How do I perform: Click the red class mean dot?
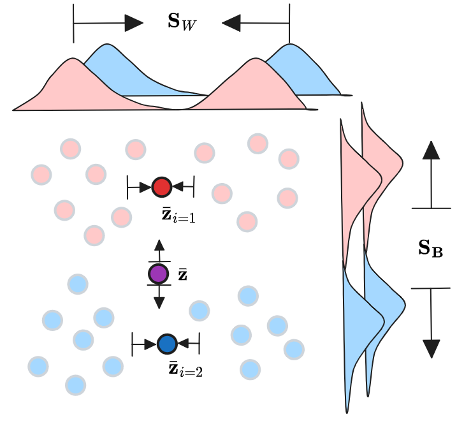tap(161, 187)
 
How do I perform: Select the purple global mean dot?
tap(158, 274)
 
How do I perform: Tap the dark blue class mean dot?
tap(166, 344)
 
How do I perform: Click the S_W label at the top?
tap(182, 22)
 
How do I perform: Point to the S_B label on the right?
tap(431, 248)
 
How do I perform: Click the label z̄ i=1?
tap(179, 215)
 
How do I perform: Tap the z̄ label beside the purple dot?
tap(182, 274)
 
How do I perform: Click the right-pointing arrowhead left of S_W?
tap(134, 23)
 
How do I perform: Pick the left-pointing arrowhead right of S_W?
tap(231, 23)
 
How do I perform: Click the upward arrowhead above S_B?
tap(432, 151)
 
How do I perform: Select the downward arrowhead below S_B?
tap(432, 348)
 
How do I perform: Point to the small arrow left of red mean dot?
tap(145, 187)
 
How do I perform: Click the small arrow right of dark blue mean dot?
tap(183, 344)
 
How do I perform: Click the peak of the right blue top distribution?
tap(291, 44)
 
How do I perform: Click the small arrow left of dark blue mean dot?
tap(150, 344)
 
